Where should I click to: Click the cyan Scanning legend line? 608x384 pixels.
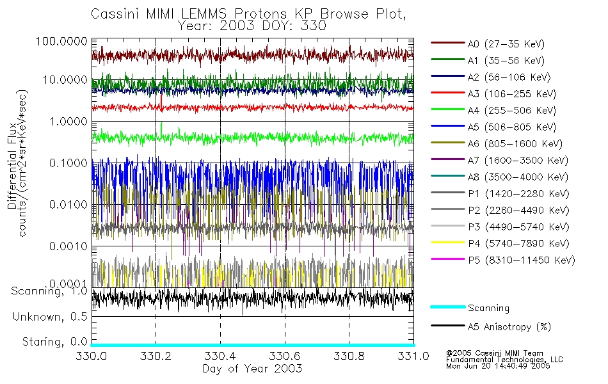447,307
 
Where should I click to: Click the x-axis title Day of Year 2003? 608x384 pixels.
252,369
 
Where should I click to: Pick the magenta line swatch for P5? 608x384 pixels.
447,260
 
